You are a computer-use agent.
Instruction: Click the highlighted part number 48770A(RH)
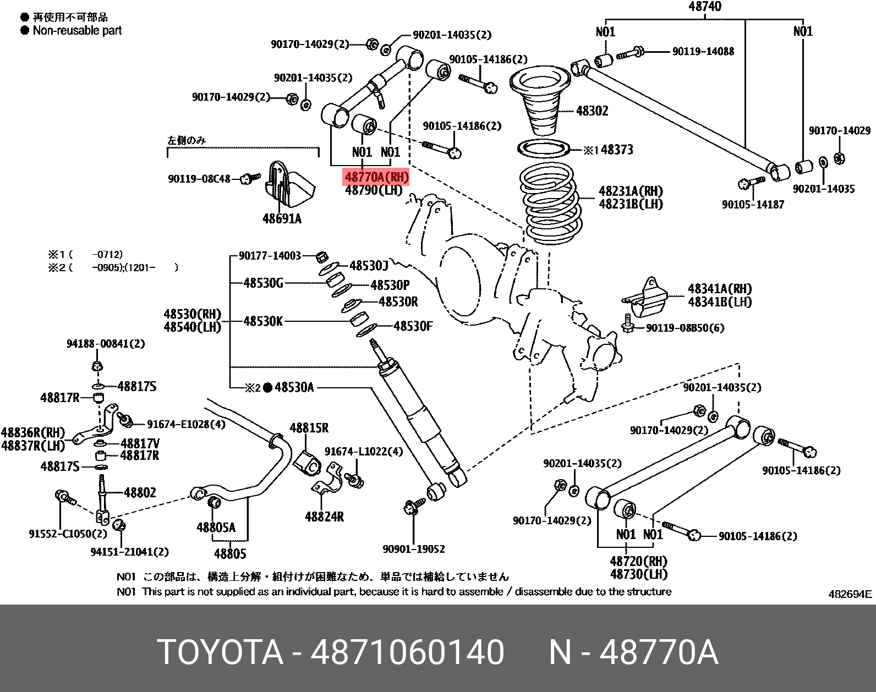click(x=376, y=177)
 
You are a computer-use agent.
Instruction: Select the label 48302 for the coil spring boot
click(x=592, y=111)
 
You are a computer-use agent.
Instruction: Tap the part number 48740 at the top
click(x=704, y=7)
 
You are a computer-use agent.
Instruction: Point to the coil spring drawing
click(x=550, y=206)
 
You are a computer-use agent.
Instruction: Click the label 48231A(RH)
click(x=631, y=191)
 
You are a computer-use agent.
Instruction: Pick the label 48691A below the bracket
click(x=282, y=219)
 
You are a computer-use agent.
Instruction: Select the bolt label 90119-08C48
click(x=199, y=179)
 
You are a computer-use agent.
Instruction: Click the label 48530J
click(x=369, y=266)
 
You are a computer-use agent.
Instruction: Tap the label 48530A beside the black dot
click(x=294, y=387)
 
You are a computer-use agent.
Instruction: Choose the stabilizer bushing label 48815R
click(x=309, y=427)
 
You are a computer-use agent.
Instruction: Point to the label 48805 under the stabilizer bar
click(x=230, y=553)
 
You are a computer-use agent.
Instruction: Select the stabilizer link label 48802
click(x=140, y=492)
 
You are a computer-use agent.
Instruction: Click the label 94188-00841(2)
click(x=106, y=343)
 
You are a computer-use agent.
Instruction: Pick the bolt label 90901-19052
click(x=414, y=548)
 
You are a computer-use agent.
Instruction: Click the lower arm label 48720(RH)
click(x=638, y=561)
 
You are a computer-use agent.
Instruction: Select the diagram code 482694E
click(x=850, y=594)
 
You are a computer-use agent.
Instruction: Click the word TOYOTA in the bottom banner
click(x=220, y=652)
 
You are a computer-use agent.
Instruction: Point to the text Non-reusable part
click(x=77, y=30)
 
